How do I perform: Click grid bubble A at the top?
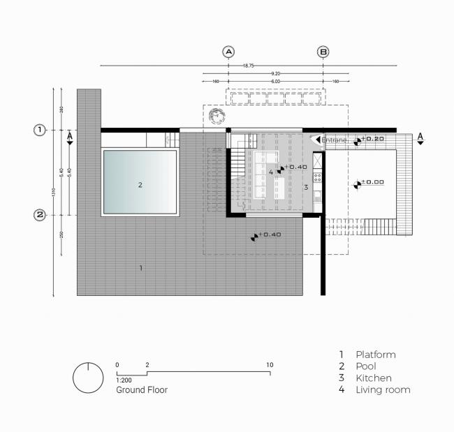pyautogui.click(x=228, y=52)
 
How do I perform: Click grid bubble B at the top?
pyautogui.click(x=323, y=52)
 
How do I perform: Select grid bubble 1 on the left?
pyautogui.click(x=40, y=130)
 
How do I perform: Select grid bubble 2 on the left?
pyautogui.click(x=40, y=215)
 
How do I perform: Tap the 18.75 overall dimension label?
pyautogui.click(x=248, y=66)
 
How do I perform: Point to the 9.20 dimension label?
pyautogui.click(x=276, y=73)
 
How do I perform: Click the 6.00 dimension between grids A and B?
pyautogui.click(x=276, y=82)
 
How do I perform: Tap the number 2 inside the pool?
pyautogui.click(x=140, y=185)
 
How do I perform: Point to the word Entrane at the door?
pyautogui.click(x=334, y=140)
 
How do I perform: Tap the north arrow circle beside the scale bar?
pyautogui.click(x=89, y=378)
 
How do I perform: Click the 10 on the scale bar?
pyautogui.click(x=270, y=365)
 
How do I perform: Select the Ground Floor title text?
pyautogui.click(x=142, y=390)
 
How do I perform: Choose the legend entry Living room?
pyautogui.click(x=382, y=389)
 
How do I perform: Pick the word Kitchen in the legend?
pyautogui.click(x=373, y=378)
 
